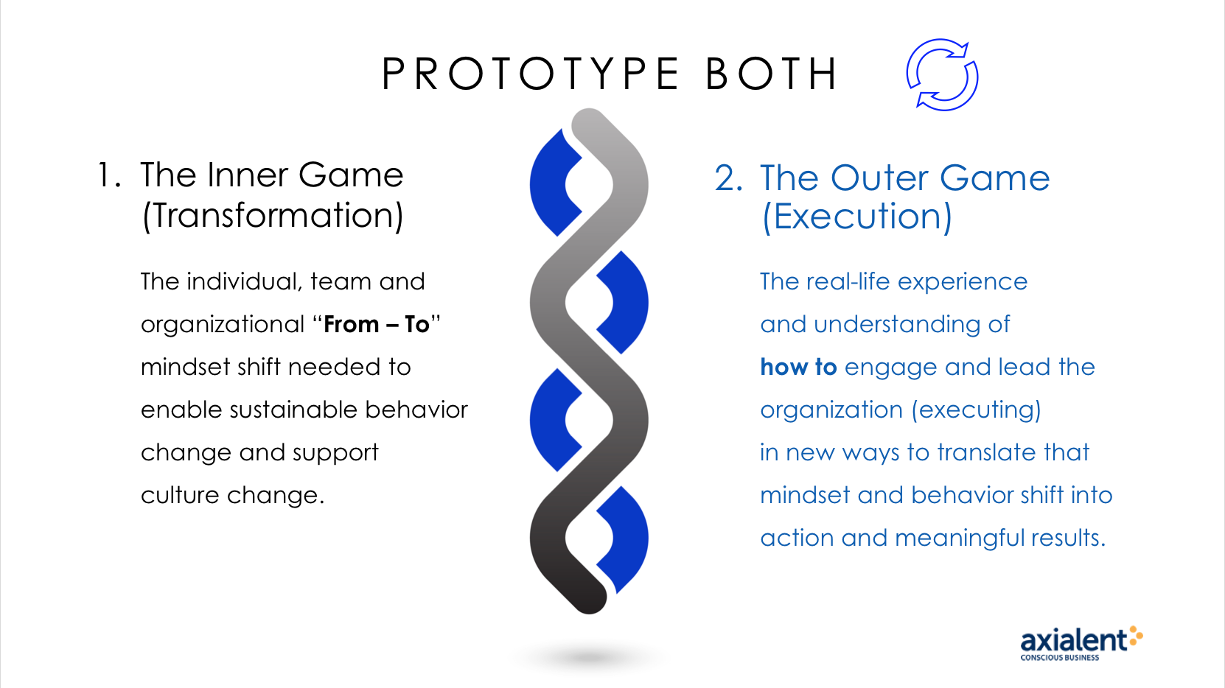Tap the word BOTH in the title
pyautogui.click(x=771, y=74)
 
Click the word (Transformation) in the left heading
pyautogui.click(x=272, y=215)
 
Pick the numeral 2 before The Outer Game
pyautogui.click(x=728, y=178)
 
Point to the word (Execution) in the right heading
pyautogui.click(x=857, y=217)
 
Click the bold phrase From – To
pyautogui.click(x=376, y=325)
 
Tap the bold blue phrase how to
pyautogui.click(x=798, y=368)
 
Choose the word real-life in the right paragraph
pyautogui.click(x=848, y=282)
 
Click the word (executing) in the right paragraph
pyautogui.click(x=977, y=410)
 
